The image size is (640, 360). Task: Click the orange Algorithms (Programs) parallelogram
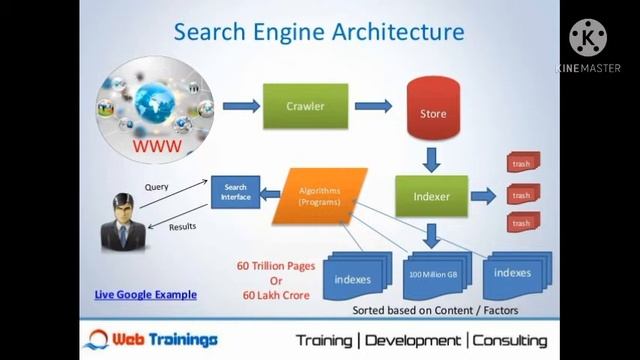click(319, 195)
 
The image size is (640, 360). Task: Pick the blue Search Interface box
click(235, 192)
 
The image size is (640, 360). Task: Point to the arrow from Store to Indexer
click(432, 158)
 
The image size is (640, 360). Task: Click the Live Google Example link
click(145, 294)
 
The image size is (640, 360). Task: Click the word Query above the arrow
click(156, 187)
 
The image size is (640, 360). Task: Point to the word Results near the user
click(182, 227)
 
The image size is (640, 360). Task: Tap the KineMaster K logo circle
click(588, 38)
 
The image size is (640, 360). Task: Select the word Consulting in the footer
click(510, 341)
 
